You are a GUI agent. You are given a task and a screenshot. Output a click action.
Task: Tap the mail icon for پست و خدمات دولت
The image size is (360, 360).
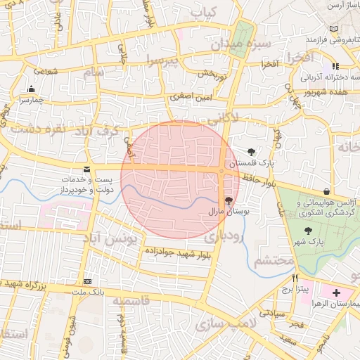(86, 169)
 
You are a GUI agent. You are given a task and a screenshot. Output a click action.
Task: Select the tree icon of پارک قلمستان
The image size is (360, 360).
(251, 151)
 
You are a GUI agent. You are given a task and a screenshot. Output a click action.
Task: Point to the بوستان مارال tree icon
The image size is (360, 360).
(229, 200)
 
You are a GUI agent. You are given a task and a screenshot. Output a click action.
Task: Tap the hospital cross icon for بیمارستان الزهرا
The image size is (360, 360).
(336, 292)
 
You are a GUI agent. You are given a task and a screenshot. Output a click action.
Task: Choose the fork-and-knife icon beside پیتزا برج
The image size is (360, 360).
(295, 278)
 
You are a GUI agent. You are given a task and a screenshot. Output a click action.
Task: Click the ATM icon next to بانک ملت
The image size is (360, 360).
(86, 280)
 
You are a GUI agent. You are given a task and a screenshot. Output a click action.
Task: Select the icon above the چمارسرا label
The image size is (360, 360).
(31, 89)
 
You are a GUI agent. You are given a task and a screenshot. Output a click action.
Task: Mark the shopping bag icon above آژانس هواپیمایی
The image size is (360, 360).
(326, 191)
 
